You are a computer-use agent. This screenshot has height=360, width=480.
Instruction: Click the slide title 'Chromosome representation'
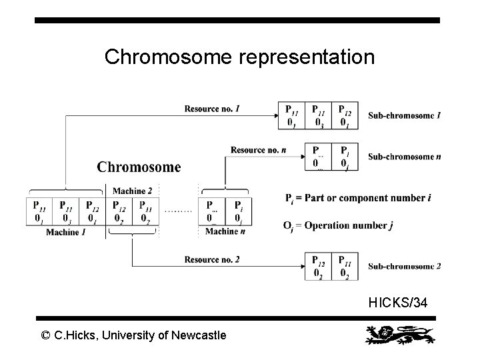tap(239, 57)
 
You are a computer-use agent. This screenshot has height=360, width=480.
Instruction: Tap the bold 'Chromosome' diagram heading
tap(139, 167)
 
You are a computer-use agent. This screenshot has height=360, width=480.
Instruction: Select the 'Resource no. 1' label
tap(212, 109)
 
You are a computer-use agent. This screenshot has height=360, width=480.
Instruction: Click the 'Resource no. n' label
tap(259, 149)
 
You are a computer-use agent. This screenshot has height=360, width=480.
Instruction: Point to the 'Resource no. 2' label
tap(211, 259)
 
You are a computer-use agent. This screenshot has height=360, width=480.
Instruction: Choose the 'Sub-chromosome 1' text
tap(404, 115)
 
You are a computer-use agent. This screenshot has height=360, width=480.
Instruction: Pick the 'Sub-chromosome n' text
tap(404, 157)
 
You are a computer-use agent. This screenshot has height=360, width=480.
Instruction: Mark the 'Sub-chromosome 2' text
tap(404, 266)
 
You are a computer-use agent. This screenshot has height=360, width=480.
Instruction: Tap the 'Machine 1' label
tap(65, 231)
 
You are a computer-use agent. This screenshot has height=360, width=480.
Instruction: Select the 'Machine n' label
tap(225, 231)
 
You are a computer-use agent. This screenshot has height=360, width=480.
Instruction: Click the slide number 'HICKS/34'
tap(398, 303)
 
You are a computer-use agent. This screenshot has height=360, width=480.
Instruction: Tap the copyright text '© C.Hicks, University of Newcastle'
tap(133, 335)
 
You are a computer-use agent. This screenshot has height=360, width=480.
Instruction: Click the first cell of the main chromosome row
tap(39, 211)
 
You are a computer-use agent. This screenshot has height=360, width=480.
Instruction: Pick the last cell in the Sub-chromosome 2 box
tap(345, 266)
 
